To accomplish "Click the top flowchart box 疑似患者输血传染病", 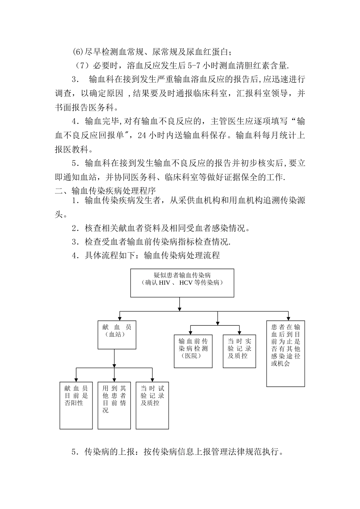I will point(182,283).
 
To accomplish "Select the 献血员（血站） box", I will point(117,335).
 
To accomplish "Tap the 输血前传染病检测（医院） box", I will point(193,351).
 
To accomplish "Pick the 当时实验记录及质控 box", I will point(239,351).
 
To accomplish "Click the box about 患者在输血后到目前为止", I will point(285,353).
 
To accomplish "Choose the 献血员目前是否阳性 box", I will point(76,405).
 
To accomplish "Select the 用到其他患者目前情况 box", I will point(114,405).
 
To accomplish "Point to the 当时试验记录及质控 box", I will point(152,405).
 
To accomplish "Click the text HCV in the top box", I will point(186,283).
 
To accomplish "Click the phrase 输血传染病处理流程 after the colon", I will point(182,255).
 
